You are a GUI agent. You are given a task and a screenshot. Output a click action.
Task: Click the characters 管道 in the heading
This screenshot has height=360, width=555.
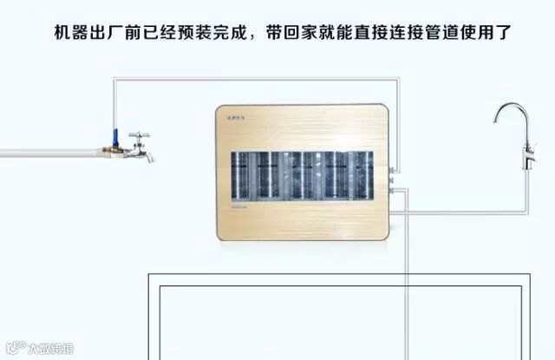pos(423,36)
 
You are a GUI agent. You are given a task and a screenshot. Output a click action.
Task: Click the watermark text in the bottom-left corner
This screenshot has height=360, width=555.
pos(43,349)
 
